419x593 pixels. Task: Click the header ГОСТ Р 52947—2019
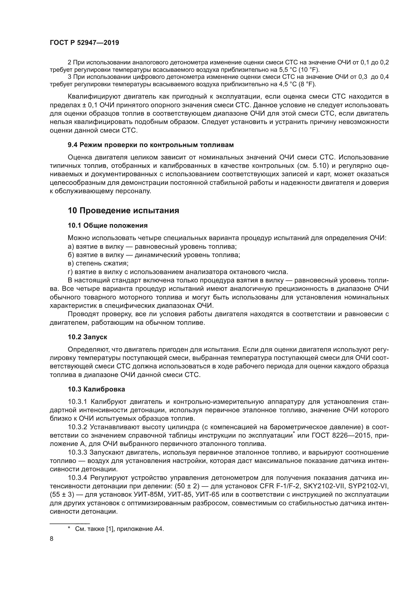point(84,43)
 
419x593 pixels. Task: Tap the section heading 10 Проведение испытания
point(123,210)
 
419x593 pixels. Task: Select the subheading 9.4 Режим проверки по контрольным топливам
point(151,145)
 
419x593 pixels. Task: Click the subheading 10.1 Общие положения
point(108,225)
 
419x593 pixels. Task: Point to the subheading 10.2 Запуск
point(87,337)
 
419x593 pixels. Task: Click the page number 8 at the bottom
point(52,539)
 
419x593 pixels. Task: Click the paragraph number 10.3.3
point(78,453)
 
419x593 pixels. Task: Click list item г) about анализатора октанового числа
point(178,272)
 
